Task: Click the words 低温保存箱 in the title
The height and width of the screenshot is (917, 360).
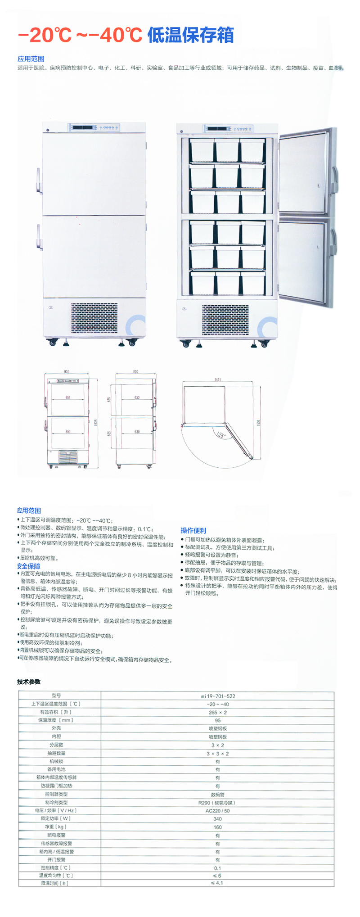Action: pyautogui.click(x=190, y=35)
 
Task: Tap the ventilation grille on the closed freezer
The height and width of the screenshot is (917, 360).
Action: pyautogui.click(x=94, y=318)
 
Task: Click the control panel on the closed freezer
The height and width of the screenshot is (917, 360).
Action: pyautogui.click(x=94, y=128)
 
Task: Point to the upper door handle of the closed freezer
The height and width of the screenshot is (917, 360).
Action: pyautogui.click(x=39, y=181)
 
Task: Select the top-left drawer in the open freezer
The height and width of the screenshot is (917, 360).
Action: pyautogui.click(x=202, y=150)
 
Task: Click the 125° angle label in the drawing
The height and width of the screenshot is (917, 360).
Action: pyautogui.click(x=221, y=435)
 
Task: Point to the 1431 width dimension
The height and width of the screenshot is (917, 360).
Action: pyautogui.click(x=218, y=379)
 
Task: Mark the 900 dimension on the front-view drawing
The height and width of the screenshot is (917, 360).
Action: pyautogui.click(x=67, y=372)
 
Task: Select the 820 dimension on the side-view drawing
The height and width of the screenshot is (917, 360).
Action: pyautogui.click(x=135, y=372)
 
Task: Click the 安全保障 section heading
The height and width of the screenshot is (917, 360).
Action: pyautogui.click(x=29, y=566)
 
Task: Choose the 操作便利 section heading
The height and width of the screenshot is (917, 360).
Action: pyautogui.click(x=193, y=530)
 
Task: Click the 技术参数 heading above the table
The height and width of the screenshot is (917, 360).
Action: pyautogui.click(x=29, y=682)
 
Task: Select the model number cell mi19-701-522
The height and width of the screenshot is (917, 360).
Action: pyautogui.click(x=218, y=696)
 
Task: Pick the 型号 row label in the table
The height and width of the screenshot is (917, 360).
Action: pyautogui.click(x=56, y=696)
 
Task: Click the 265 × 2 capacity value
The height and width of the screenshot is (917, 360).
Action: pyautogui.click(x=218, y=712)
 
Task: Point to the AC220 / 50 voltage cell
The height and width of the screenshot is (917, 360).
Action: pyautogui.click(x=218, y=811)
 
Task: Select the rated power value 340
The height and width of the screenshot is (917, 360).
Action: pyautogui.click(x=218, y=819)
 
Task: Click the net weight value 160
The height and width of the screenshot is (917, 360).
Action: pyautogui.click(x=218, y=827)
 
